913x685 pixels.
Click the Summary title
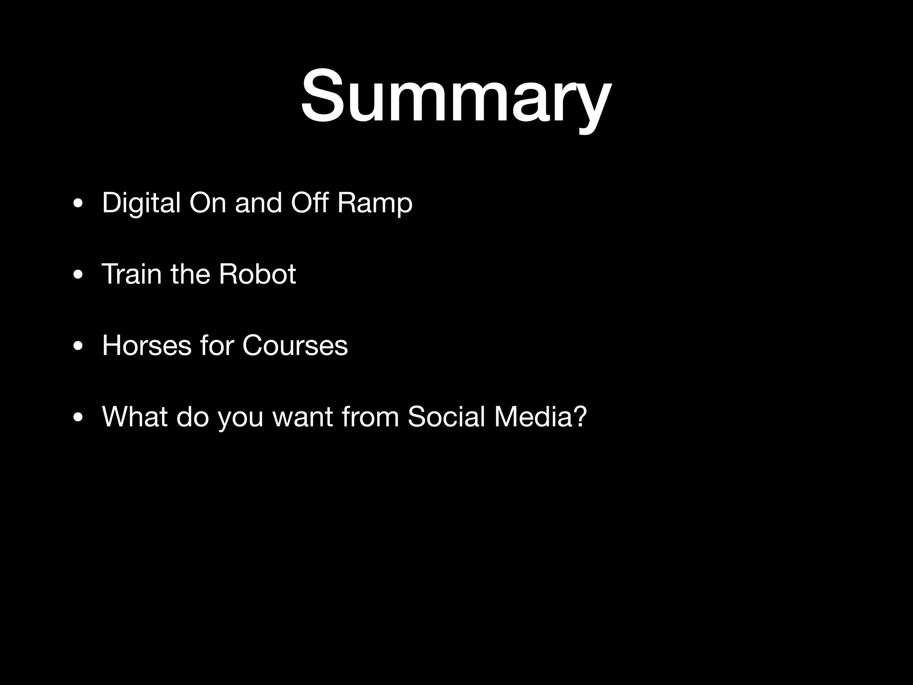pyautogui.click(x=456, y=96)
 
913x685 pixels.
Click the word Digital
pyautogui.click(x=141, y=203)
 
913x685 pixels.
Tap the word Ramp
pyautogui.click(x=374, y=203)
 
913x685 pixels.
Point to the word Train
pyautogui.click(x=132, y=274)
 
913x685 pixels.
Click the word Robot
pyautogui.click(x=257, y=274)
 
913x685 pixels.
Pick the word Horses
pyautogui.click(x=147, y=345)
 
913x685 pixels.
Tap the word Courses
pyautogui.click(x=295, y=345)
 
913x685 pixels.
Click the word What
pyautogui.click(x=135, y=417)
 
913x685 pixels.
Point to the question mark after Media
pyautogui.click(x=579, y=417)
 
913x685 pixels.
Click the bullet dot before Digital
pyautogui.click(x=78, y=204)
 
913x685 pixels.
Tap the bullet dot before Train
pyautogui.click(x=78, y=276)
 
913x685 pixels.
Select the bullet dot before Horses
pyautogui.click(x=78, y=347)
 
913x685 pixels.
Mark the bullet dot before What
pyautogui.click(x=78, y=418)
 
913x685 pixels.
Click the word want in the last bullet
pyautogui.click(x=303, y=417)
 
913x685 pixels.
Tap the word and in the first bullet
pyautogui.click(x=258, y=203)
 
